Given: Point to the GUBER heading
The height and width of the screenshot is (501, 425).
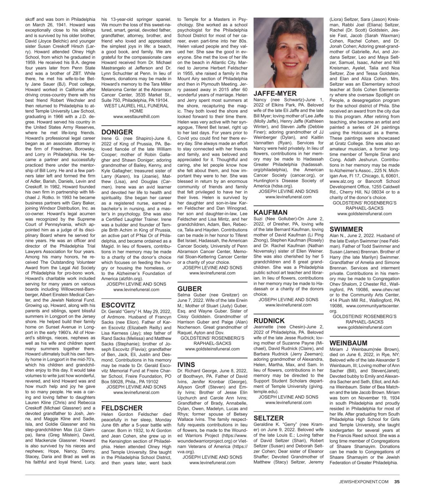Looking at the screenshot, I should (x=190, y=288).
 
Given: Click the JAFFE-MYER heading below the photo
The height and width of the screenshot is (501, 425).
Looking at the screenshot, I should (x=275, y=93).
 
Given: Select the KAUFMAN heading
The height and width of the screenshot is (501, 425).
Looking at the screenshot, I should (x=271, y=212).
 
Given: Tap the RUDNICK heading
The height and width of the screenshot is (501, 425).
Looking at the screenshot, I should (x=270, y=320).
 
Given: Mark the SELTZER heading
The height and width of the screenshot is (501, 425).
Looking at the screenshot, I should (x=269, y=418).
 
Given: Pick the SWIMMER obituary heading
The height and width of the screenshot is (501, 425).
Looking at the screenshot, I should (x=346, y=229).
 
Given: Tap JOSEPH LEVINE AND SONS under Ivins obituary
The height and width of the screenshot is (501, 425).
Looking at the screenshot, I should (x=209, y=457).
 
